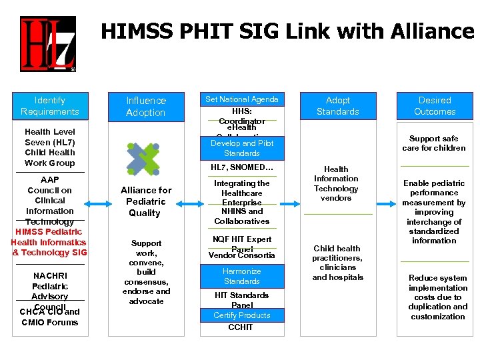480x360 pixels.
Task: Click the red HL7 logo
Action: click(x=47, y=44)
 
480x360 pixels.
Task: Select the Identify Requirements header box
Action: click(x=50, y=106)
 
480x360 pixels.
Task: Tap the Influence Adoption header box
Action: click(x=146, y=107)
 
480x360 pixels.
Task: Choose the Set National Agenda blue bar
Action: click(x=241, y=99)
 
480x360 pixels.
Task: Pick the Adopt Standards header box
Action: click(x=337, y=106)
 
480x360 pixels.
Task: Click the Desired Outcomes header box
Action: click(x=435, y=106)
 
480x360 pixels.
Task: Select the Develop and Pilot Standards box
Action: click(x=242, y=148)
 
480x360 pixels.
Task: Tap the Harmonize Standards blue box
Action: click(x=242, y=276)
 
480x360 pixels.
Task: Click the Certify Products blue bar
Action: click(x=242, y=315)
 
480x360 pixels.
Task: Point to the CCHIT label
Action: click(x=242, y=327)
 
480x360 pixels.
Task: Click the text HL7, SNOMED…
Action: click(x=242, y=167)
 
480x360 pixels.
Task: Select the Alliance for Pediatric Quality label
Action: click(x=145, y=201)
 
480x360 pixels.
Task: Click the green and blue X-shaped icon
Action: click(x=143, y=157)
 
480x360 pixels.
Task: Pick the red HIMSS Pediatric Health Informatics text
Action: click(x=49, y=242)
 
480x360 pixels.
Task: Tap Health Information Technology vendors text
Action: click(x=336, y=183)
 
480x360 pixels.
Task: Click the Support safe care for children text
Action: click(x=434, y=143)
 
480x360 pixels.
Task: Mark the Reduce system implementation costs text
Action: click(x=437, y=297)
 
